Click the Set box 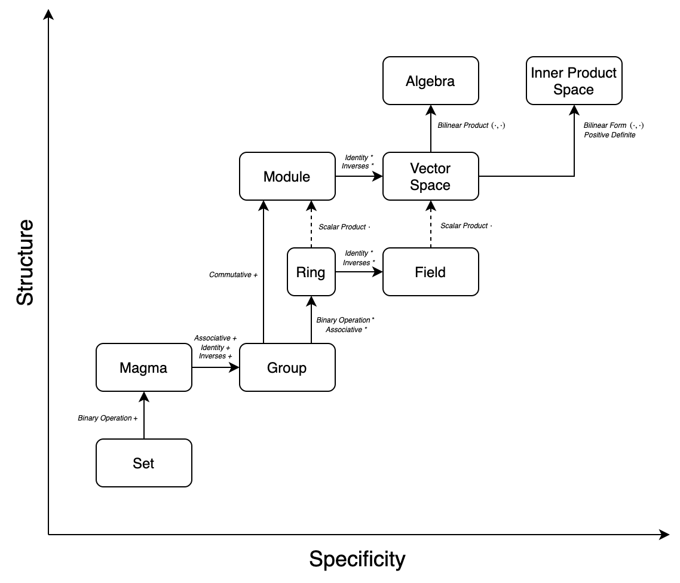[144, 463]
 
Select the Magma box [144, 367]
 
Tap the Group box [287, 367]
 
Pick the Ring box [311, 272]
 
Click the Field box [430, 272]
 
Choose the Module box [287, 176]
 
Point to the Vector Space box [430, 176]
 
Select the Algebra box [430, 81]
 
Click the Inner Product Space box [574, 81]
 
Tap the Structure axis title [25, 262]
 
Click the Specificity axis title [357, 559]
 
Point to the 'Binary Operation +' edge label [108, 418]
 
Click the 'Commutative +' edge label [233, 275]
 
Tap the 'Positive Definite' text [609, 135]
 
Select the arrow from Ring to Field [359, 272]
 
